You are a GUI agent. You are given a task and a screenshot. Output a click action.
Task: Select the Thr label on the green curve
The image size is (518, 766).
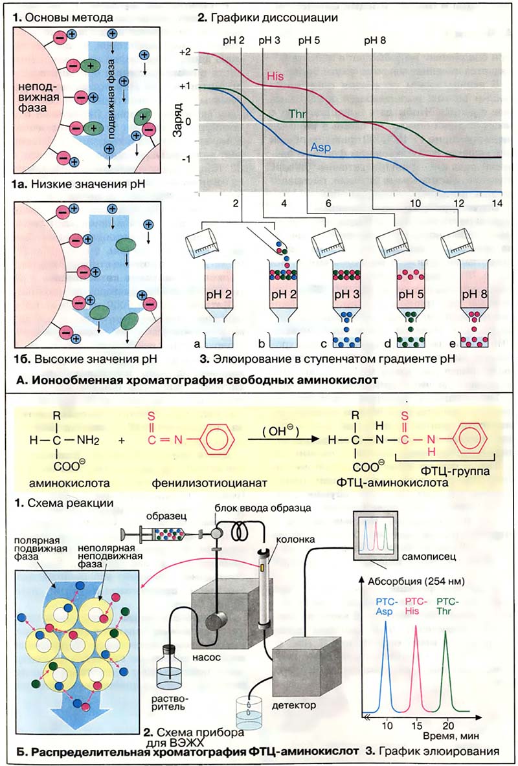coord(297,114)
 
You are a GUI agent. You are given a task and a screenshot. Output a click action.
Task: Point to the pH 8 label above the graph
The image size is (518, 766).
coord(374,39)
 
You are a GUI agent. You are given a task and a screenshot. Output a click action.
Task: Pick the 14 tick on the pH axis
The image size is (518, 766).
coord(497,202)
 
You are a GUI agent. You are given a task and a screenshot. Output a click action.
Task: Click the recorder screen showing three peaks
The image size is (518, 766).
coord(375,535)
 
